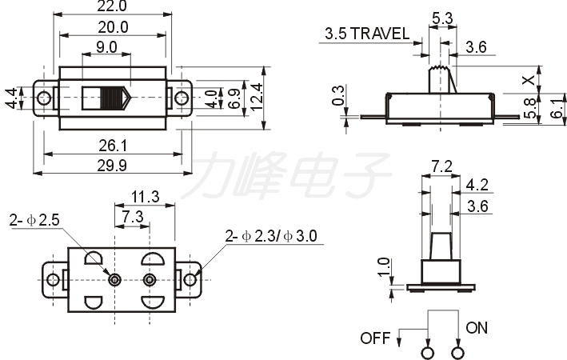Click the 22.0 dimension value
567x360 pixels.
click(112, 6)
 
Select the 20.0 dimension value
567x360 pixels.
click(113, 27)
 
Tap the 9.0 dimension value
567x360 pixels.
click(106, 47)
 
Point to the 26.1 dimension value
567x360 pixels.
click(113, 146)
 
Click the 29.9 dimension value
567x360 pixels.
click(112, 166)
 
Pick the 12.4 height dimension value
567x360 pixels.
click(256, 98)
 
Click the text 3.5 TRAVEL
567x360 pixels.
click(367, 34)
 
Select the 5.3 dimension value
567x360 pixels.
click(442, 18)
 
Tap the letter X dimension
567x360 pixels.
click(529, 80)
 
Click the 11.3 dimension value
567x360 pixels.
click(145, 197)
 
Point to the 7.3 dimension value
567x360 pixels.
click(132, 217)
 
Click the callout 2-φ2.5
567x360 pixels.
click(34, 220)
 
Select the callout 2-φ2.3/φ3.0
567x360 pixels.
click(271, 236)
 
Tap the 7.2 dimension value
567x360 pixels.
click(442, 166)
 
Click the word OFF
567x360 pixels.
click(375, 338)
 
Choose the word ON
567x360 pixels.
click(477, 328)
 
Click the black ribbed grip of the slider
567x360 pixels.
click(112, 98)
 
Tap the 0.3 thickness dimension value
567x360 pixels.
click(338, 95)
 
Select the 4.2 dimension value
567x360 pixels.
click(477, 185)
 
